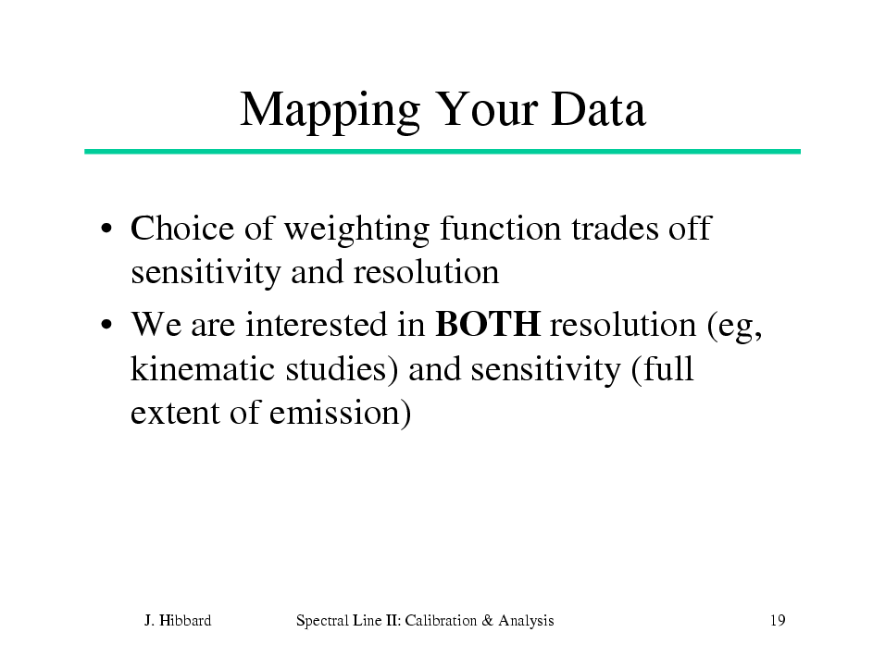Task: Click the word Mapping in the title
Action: pos(330,111)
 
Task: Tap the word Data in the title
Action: pos(599,109)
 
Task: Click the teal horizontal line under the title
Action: pos(443,152)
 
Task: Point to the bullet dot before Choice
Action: pos(106,229)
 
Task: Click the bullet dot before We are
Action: pos(106,324)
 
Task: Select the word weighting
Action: pos(356,230)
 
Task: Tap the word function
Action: pos(500,228)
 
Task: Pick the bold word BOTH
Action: pos(488,324)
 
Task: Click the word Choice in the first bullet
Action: pos(182,228)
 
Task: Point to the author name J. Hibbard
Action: pos(178,620)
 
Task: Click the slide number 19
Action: pos(778,620)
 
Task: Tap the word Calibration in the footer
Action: pos(441,620)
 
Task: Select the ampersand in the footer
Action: pos(488,620)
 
